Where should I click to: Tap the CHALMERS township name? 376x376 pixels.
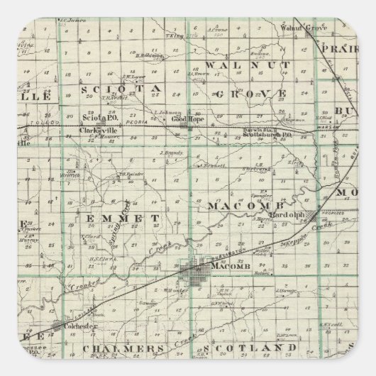pos(131,349)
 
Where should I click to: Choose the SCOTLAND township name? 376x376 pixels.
pos(260,348)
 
